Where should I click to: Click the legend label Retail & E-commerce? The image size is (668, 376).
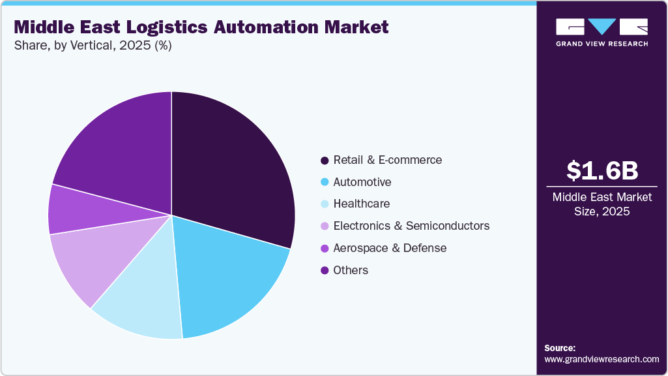point(387,160)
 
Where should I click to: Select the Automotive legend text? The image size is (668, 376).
point(362,182)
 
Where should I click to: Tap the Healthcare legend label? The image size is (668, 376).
point(361,204)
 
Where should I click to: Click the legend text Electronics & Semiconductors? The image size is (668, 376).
point(411,226)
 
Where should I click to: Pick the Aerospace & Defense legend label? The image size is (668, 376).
point(390,248)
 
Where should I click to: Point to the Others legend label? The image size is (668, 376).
point(351,270)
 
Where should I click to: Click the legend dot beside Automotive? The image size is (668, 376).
point(324,182)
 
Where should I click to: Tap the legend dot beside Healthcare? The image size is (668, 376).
point(324,204)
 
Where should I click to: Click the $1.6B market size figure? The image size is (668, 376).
point(602,170)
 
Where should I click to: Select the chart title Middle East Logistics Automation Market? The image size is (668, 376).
point(201,27)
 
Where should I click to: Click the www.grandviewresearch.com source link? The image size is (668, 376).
point(602,359)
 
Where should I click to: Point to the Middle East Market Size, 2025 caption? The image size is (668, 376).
point(602,204)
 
